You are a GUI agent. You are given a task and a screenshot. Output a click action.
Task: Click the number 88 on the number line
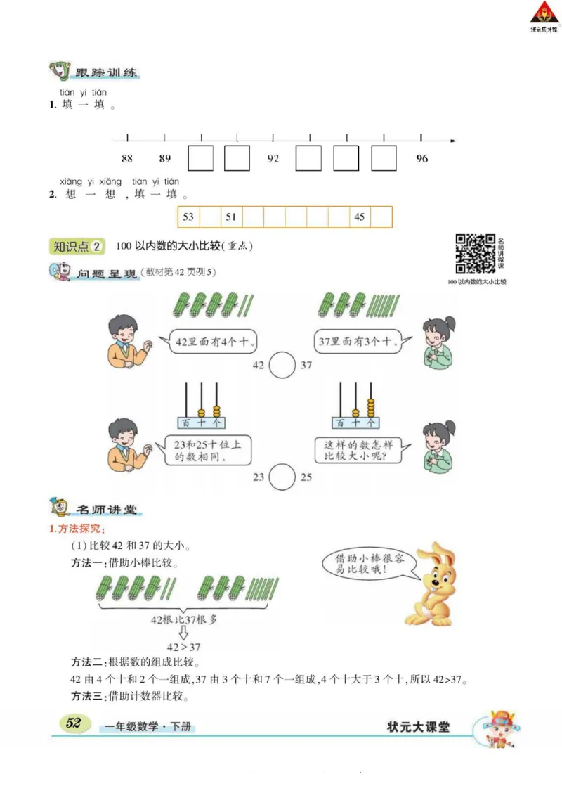coord(127,159)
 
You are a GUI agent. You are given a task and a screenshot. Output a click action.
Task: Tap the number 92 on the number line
coord(273,159)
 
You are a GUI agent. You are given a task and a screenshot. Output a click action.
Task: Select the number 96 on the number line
coord(421,159)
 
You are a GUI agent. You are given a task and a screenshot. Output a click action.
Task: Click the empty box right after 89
coord(200,158)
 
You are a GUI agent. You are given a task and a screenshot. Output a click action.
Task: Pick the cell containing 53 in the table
coord(188,217)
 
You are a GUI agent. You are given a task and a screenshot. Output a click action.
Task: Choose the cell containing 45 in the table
coord(360,217)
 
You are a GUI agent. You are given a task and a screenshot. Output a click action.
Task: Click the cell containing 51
coord(230,217)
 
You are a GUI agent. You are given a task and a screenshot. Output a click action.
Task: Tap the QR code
coord(476,254)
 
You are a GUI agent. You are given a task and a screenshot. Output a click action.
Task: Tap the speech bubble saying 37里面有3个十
coord(357,342)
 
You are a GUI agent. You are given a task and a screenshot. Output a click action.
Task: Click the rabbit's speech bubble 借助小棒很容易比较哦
coord(365,562)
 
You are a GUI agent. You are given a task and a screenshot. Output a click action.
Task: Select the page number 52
coord(74,724)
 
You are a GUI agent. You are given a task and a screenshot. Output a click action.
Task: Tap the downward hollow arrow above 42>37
coord(183,633)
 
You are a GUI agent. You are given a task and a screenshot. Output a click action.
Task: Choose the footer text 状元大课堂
coord(418,727)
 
